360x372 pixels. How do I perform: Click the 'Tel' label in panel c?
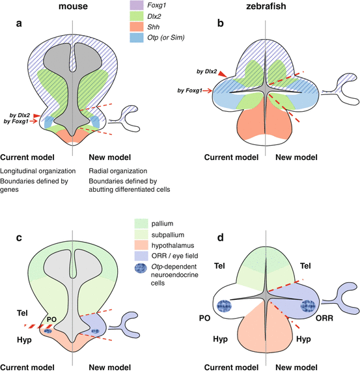point(21,297)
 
